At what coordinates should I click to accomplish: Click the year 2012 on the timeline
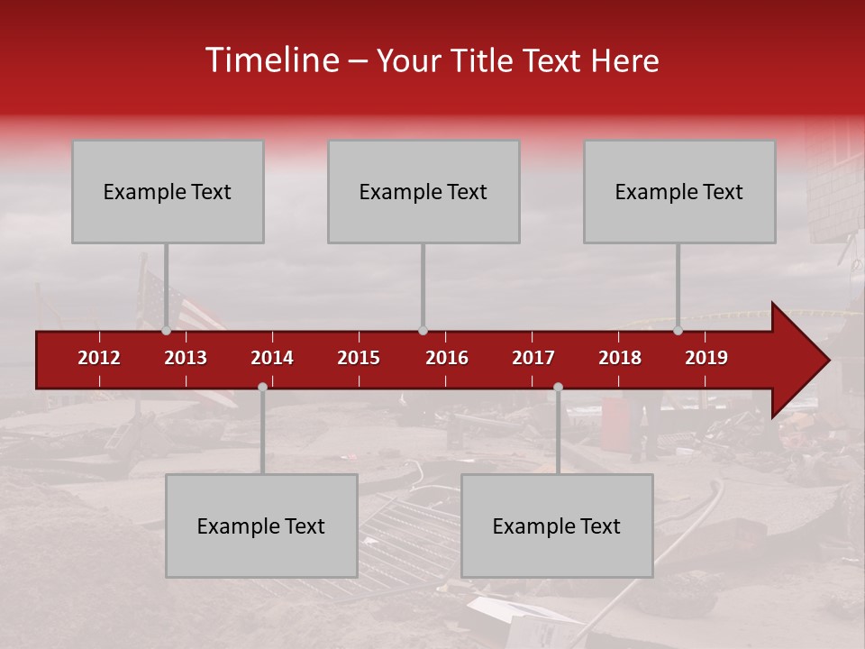click(x=99, y=358)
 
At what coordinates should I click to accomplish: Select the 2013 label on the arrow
click(x=186, y=358)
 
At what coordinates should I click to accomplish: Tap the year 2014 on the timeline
click(x=272, y=358)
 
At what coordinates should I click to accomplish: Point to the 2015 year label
click(x=359, y=358)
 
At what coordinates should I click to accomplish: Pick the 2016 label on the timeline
click(x=447, y=358)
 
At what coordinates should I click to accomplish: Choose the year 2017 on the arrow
click(x=533, y=358)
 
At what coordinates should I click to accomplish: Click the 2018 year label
click(x=620, y=358)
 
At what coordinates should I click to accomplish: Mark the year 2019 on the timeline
click(x=706, y=358)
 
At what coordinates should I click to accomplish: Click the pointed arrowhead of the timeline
click(x=802, y=361)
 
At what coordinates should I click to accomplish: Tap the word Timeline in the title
click(x=270, y=60)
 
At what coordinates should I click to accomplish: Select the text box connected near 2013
click(x=168, y=191)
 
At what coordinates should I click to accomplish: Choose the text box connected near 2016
click(x=423, y=191)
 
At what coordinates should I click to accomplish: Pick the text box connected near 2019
click(x=679, y=191)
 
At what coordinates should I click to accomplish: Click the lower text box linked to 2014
click(x=261, y=526)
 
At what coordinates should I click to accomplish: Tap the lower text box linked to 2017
click(x=557, y=526)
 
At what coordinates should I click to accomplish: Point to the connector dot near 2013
click(x=167, y=331)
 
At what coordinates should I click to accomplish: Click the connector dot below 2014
click(x=262, y=387)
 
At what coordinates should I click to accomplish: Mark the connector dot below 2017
click(x=558, y=387)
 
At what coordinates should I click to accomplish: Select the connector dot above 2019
click(x=678, y=331)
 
